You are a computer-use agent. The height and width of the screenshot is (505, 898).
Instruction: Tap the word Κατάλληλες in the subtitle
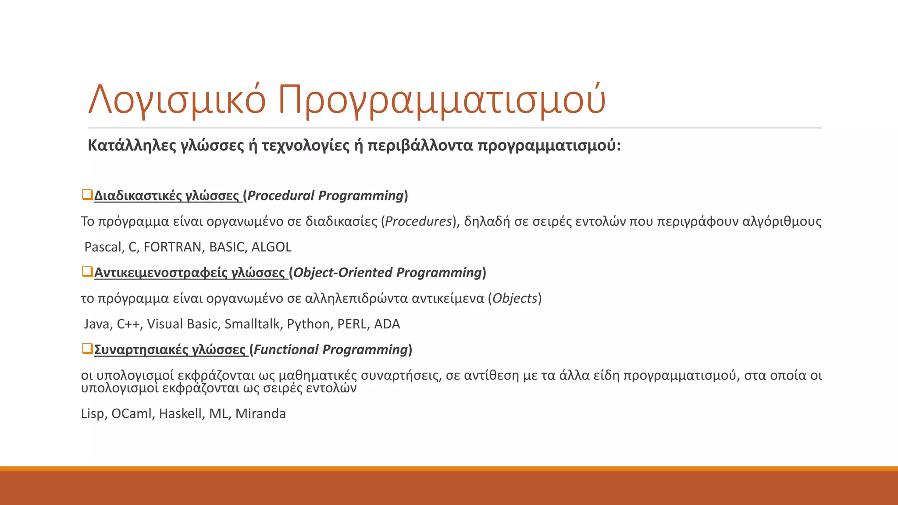[x=132, y=145]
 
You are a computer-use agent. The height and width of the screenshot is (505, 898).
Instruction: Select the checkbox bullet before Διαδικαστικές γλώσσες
[x=87, y=194]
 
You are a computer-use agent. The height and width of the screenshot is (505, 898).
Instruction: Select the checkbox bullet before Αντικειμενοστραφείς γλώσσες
[x=87, y=271]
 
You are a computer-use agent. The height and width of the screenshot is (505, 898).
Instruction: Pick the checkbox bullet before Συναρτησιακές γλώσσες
[x=87, y=349]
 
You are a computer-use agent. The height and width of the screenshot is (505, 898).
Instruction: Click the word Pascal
[x=104, y=247]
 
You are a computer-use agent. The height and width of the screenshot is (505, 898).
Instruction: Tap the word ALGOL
[x=271, y=247]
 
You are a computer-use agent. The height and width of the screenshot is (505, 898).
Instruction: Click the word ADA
[x=387, y=324]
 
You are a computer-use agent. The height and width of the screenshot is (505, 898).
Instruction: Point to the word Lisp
[x=93, y=414]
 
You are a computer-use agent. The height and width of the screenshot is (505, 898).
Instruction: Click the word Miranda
[x=260, y=413]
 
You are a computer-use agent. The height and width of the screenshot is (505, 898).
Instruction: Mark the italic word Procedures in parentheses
[x=418, y=221]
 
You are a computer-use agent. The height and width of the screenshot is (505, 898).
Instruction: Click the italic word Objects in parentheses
[x=515, y=299]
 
